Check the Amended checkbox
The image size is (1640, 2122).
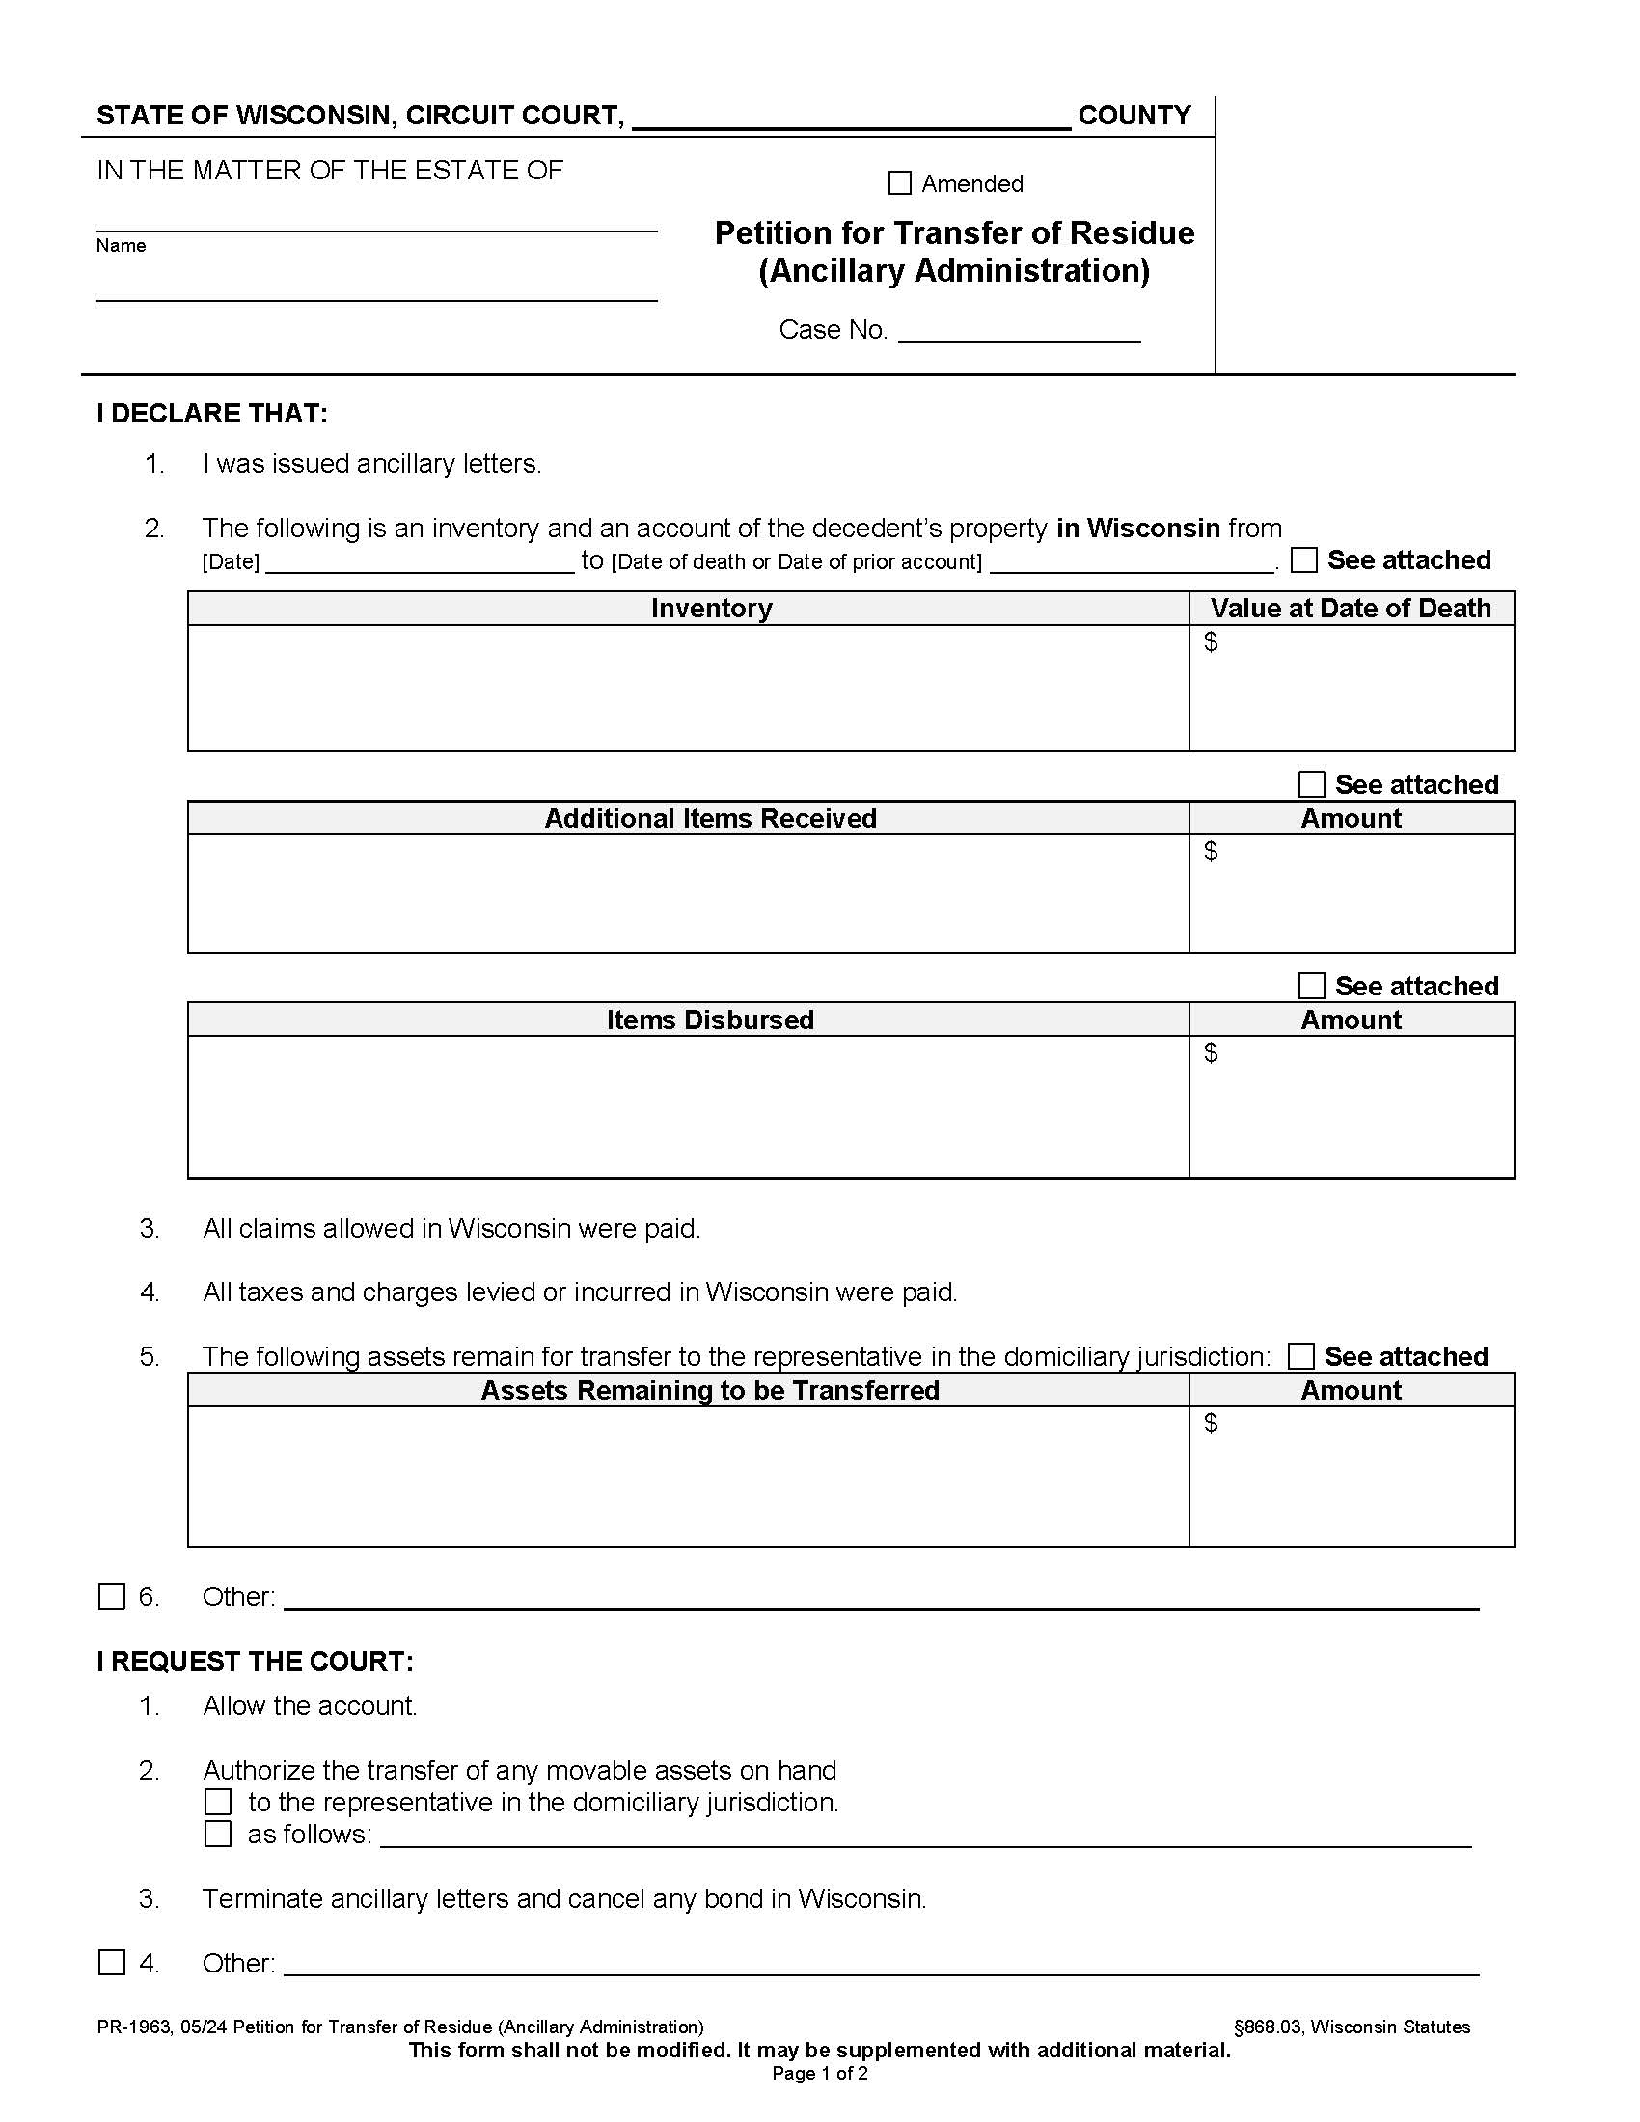point(900,182)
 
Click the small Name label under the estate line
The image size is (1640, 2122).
point(121,246)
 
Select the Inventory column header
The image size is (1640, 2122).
point(711,609)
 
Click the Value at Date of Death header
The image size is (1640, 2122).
point(1351,609)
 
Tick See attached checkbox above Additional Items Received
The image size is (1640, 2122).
point(1312,784)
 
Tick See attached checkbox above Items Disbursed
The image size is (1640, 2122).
point(1312,986)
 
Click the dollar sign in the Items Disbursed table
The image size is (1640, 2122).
point(1211,1052)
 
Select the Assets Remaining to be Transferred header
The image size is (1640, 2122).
point(710,1390)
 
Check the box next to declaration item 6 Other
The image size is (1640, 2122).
point(113,1596)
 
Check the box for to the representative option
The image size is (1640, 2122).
point(219,1803)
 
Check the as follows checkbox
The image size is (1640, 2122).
point(219,1835)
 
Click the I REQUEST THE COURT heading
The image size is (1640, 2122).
point(255,1662)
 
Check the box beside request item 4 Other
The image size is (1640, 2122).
point(113,1963)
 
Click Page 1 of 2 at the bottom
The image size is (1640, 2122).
point(819,2074)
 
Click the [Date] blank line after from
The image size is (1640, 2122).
point(420,563)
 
